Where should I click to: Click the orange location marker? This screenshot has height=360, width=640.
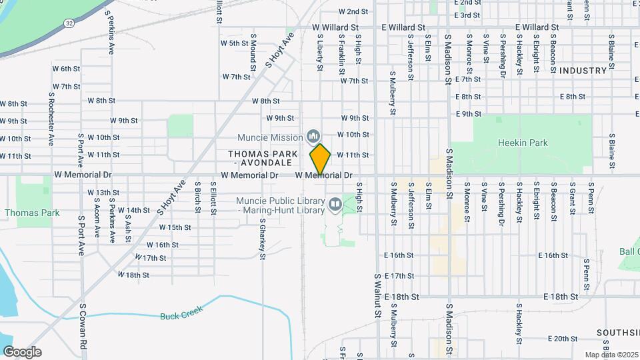(320, 159)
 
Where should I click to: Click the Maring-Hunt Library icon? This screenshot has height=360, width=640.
(334, 203)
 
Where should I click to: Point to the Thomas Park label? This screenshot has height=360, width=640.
(31, 213)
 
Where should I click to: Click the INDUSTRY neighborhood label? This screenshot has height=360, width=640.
(583, 70)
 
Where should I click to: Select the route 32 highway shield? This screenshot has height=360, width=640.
(69, 23)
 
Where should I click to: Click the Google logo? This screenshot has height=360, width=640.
(21, 352)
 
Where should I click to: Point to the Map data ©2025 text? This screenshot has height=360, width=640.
(610, 355)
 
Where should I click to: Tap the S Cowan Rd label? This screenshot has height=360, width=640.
(83, 326)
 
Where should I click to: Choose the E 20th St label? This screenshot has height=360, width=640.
(555, 339)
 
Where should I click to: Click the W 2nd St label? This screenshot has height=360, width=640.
(353, 11)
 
